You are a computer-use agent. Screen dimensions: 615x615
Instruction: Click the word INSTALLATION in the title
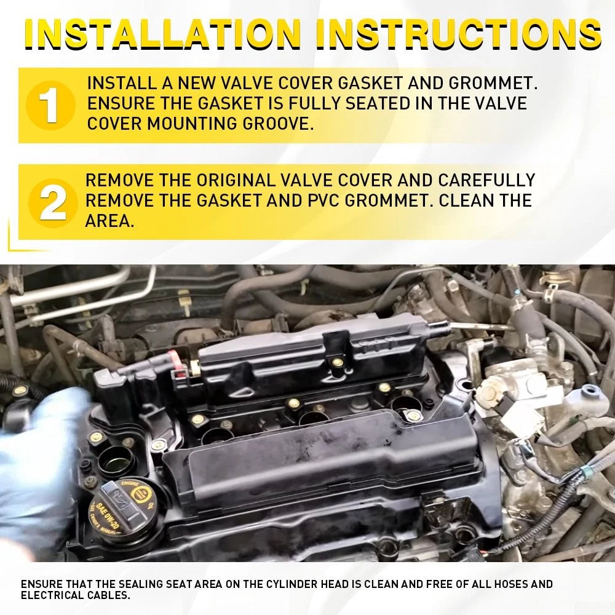click(x=162, y=33)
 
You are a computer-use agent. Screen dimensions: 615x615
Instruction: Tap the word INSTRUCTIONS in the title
click(x=459, y=33)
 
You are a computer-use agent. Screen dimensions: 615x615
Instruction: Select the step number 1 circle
click(x=50, y=105)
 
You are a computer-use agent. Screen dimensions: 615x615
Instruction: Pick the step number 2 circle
click(x=52, y=203)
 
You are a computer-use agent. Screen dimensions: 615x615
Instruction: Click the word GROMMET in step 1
click(x=493, y=83)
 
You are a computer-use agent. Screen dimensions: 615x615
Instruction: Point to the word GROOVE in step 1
click(x=278, y=124)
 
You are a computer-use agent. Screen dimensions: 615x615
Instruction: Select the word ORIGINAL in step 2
click(x=236, y=180)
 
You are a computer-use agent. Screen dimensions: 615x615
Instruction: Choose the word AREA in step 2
click(x=110, y=221)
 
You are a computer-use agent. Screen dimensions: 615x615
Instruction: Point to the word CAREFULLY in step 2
click(x=486, y=180)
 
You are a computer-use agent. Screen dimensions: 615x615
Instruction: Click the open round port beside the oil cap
click(x=116, y=459)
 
